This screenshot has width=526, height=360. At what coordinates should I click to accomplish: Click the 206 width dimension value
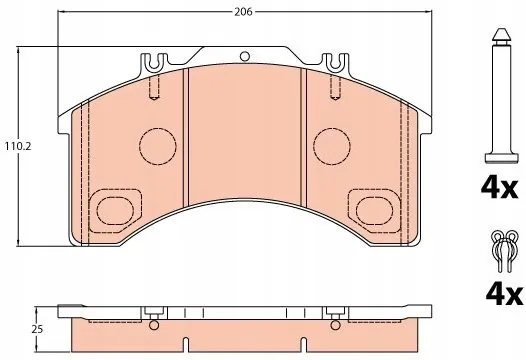[x=243, y=12]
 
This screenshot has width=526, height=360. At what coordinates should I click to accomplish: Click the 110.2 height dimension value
[x=18, y=146]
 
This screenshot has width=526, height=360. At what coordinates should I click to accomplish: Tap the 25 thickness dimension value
[x=37, y=329]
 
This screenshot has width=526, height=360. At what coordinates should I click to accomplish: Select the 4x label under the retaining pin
[x=499, y=188]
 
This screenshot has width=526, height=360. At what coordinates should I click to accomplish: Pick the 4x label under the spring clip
[x=504, y=294]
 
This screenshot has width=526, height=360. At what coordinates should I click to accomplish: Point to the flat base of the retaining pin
[x=502, y=158]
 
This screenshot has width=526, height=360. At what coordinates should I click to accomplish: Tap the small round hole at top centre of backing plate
[x=245, y=56]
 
